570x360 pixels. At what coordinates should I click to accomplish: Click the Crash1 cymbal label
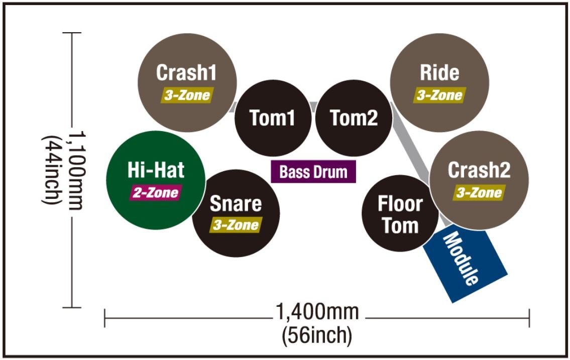point(186,72)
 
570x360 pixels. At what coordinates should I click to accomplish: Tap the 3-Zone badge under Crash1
point(187,95)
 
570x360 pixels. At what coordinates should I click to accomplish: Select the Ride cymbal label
point(439,72)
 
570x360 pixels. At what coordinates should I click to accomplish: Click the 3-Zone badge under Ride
point(439,95)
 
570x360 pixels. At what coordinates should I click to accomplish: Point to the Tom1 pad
point(273,118)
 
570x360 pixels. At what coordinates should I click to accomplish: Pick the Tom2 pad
point(354,118)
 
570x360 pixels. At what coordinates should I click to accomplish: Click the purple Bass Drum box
point(313,171)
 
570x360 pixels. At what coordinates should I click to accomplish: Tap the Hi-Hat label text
point(156,170)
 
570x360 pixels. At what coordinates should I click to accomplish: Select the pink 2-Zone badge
point(156,192)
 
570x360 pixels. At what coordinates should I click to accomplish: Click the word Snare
point(236,203)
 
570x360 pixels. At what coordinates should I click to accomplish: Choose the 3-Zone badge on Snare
point(236,225)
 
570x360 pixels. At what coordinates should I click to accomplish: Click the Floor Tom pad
point(400,213)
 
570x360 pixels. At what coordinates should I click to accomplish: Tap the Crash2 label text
point(479,170)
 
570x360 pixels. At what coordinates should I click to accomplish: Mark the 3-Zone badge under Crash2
point(479,192)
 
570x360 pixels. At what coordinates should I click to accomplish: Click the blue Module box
point(466,264)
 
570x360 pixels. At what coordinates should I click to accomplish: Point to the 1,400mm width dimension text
point(317,312)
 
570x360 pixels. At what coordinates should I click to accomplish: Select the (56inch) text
point(317,335)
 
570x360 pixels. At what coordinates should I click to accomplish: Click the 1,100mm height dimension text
point(77,170)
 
